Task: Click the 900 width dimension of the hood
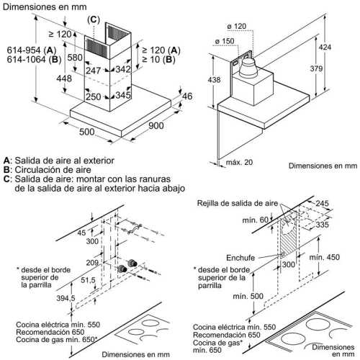[x=156, y=125]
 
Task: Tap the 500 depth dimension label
[x=86, y=132]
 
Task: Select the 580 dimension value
[x=75, y=58]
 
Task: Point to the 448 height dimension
[x=64, y=78]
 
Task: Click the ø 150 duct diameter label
[x=225, y=41]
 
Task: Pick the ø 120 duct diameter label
[x=237, y=26]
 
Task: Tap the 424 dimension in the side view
[x=325, y=48]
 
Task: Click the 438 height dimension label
[x=214, y=79]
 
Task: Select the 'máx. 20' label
[x=239, y=162]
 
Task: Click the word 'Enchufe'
[x=240, y=258]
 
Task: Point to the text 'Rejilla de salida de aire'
[x=238, y=203]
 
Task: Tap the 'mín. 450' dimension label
[x=324, y=257]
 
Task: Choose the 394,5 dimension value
[x=66, y=298]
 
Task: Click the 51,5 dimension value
[x=88, y=280]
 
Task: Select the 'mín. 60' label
[x=255, y=220]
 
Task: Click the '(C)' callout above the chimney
[x=94, y=19]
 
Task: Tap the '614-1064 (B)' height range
[x=34, y=60]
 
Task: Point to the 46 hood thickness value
[x=187, y=96]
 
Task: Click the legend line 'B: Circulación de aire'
[x=48, y=170]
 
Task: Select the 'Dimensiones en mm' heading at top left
[x=45, y=6]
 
